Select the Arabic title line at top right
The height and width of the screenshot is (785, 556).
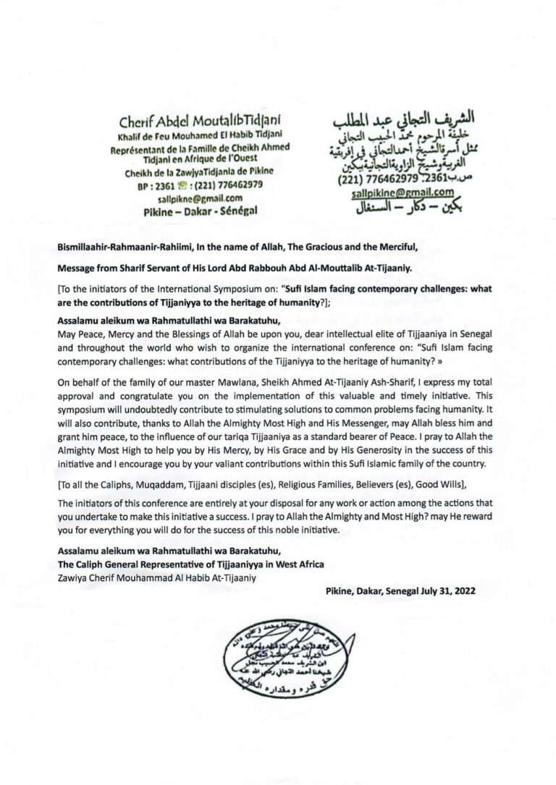point(394,118)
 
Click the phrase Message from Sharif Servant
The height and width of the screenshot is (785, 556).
point(119,268)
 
